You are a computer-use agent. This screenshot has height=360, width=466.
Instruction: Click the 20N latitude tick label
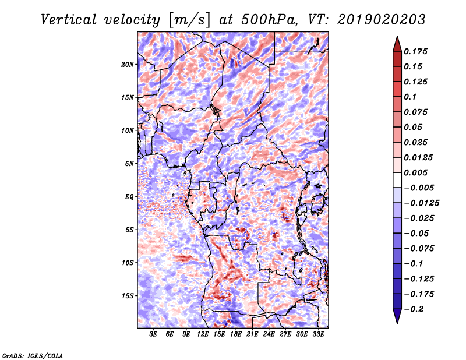128,65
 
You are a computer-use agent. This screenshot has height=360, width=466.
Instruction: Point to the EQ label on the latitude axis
129,197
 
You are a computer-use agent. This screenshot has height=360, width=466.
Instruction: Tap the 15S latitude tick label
128,296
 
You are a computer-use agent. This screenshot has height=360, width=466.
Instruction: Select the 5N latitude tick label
129,164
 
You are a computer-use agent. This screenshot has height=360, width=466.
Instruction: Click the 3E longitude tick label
153,334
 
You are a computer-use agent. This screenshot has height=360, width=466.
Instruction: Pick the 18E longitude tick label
236,334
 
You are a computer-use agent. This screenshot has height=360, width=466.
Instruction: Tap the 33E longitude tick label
318,334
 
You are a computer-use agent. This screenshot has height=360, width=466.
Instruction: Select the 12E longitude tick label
203,334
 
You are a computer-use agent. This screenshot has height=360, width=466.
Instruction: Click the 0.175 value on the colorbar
415,51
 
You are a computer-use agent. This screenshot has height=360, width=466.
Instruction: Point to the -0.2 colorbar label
414,309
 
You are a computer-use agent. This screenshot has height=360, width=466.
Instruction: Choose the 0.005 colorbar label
415,172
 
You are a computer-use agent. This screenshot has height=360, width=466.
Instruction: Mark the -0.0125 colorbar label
421,203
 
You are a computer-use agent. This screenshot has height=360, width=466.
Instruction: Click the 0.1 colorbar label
410,97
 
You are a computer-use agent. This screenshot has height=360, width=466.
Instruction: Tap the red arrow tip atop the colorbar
397,37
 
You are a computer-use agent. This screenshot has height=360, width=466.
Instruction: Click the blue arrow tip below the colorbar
397,323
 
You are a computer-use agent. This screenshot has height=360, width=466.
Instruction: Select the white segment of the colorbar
397,180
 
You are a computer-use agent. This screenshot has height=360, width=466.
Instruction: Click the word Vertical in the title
69,20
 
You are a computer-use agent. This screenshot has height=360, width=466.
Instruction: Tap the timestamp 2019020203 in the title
382,20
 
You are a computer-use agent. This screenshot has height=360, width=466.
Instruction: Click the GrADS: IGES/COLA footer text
33,355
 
